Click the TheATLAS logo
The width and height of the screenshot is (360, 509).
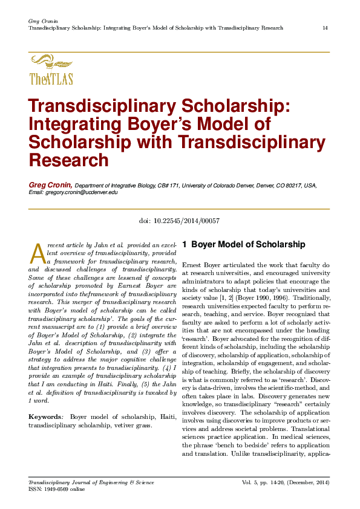51,70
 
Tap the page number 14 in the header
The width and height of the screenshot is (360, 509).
326,28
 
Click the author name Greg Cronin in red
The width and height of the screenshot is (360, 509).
51,184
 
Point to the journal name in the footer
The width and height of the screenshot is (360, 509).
91,482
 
